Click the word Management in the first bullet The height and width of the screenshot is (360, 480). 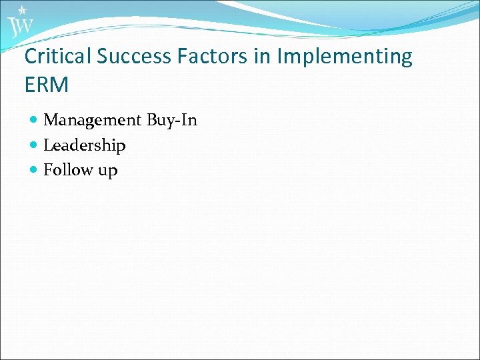[93, 121]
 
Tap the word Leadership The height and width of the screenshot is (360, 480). [85, 145]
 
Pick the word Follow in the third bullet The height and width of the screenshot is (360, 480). [68, 170]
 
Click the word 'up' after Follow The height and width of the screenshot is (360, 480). [108, 171]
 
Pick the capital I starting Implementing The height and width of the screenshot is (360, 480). [279, 57]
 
